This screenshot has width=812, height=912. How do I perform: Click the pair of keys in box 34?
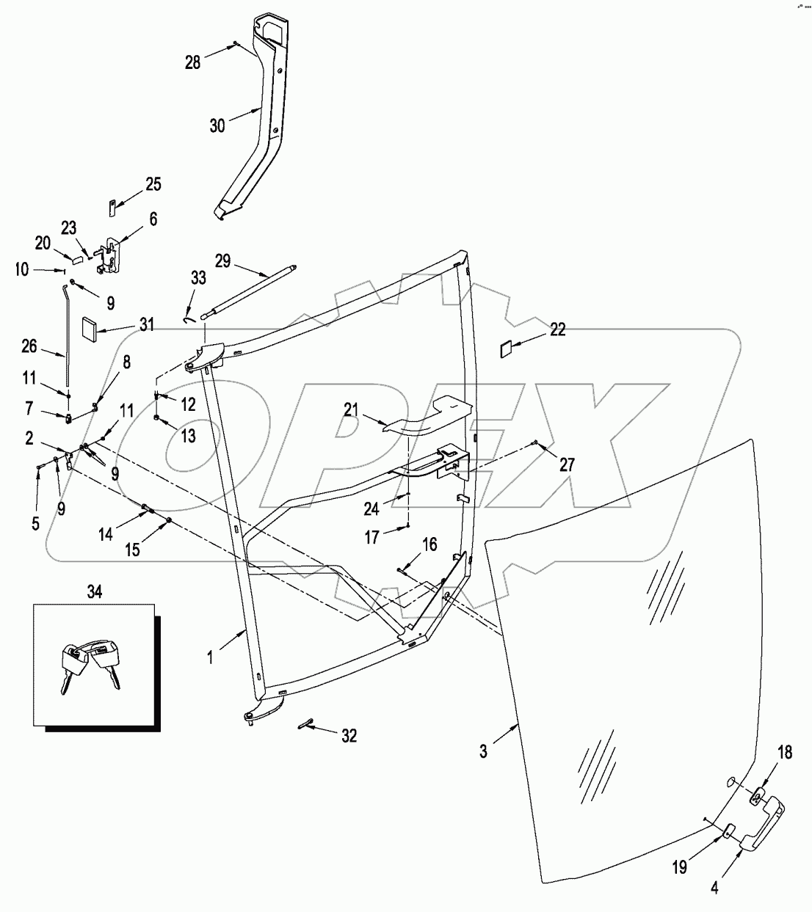pos(90,662)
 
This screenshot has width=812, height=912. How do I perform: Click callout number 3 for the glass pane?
pos(483,753)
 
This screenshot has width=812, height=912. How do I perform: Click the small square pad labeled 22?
pos(506,347)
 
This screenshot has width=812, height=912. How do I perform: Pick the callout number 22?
pos(558,329)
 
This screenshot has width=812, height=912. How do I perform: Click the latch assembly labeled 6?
pos(109,255)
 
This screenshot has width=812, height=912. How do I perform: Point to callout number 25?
pos(153,183)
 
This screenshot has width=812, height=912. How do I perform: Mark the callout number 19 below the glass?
pos(680,867)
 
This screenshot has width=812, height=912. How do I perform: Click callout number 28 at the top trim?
pos(192,62)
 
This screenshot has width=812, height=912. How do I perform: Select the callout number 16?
pos(429,544)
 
